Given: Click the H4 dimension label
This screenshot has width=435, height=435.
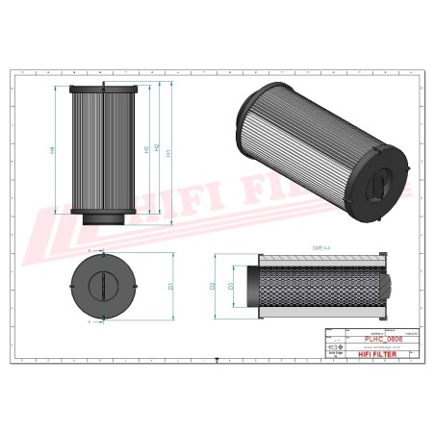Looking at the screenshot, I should coord(53,150).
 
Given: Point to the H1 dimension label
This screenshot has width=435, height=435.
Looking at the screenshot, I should coord(170,152).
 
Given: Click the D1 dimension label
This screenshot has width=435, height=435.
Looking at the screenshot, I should coord(170,286).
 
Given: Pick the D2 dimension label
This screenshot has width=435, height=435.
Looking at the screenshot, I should coord(213,286).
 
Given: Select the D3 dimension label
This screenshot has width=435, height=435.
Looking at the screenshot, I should coord(230,286).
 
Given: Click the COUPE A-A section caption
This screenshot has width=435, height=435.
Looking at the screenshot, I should coord(320,247).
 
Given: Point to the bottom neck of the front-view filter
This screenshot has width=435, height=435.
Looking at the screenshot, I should coord(100,220).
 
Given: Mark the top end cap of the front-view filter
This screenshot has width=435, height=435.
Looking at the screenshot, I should coord(100,87).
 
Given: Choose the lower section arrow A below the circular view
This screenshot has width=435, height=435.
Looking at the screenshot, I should coord(91,322).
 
